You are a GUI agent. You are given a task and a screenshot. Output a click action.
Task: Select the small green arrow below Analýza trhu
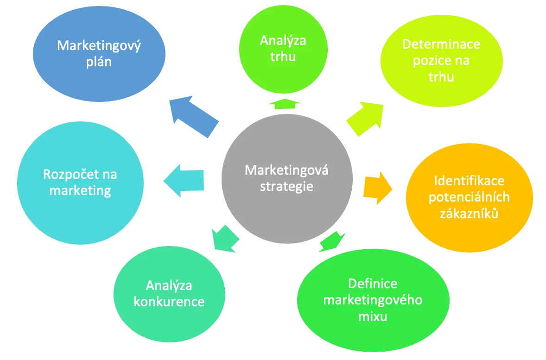click(x=285, y=104)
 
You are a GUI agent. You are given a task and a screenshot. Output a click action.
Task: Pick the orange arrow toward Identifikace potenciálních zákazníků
click(x=378, y=188)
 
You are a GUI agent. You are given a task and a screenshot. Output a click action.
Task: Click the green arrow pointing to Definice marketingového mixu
click(x=331, y=241)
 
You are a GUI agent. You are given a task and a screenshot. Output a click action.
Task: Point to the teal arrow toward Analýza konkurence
click(x=225, y=239)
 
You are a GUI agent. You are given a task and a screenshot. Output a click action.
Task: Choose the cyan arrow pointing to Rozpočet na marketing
click(x=184, y=180)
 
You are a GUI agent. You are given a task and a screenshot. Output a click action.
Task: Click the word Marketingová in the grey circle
click(x=286, y=170)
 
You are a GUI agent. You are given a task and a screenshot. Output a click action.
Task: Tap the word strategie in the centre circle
click(x=286, y=187)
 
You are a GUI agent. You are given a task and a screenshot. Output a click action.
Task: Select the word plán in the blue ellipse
click(x=99, y=62)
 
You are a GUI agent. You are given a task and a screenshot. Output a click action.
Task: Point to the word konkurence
click(x=169, y=302)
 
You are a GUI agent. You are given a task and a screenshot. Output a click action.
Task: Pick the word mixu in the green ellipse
click(x=373, y=316)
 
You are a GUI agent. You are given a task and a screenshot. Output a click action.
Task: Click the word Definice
click(x=373, y=284)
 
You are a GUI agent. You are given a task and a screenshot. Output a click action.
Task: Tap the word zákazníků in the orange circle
click(x=469, y=214)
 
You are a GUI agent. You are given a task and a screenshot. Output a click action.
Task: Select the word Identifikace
click(x=469, y=181)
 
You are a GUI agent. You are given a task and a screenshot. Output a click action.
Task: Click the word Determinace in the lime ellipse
click(x=441, y=44)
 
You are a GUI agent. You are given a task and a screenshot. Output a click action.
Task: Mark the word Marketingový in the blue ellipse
click(x=99, y=46)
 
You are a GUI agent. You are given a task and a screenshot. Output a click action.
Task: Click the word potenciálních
click(x=469, y=197)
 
